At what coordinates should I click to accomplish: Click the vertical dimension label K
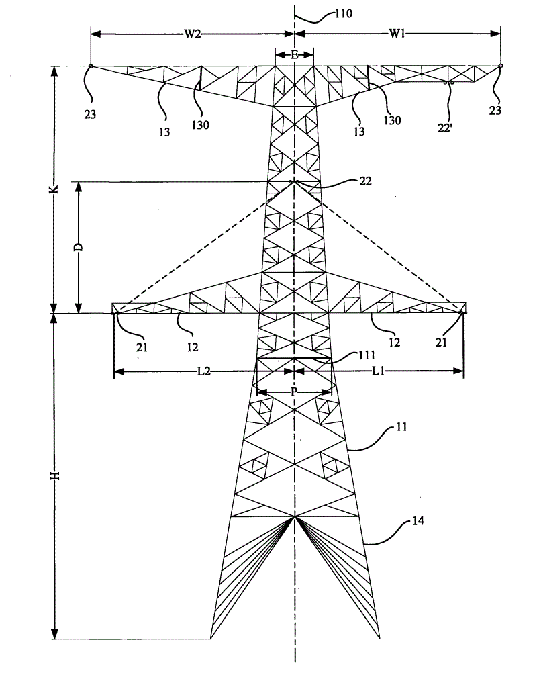pos(57,189)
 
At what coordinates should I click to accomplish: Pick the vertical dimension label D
pos(79,247)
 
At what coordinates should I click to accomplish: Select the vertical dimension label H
pos(57,475)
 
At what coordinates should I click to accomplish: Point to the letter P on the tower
pos(294,392)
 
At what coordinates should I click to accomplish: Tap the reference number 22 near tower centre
pos(364,181)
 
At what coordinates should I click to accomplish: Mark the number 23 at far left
pos(90,114)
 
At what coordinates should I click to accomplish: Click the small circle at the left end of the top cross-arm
pos(91,66)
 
